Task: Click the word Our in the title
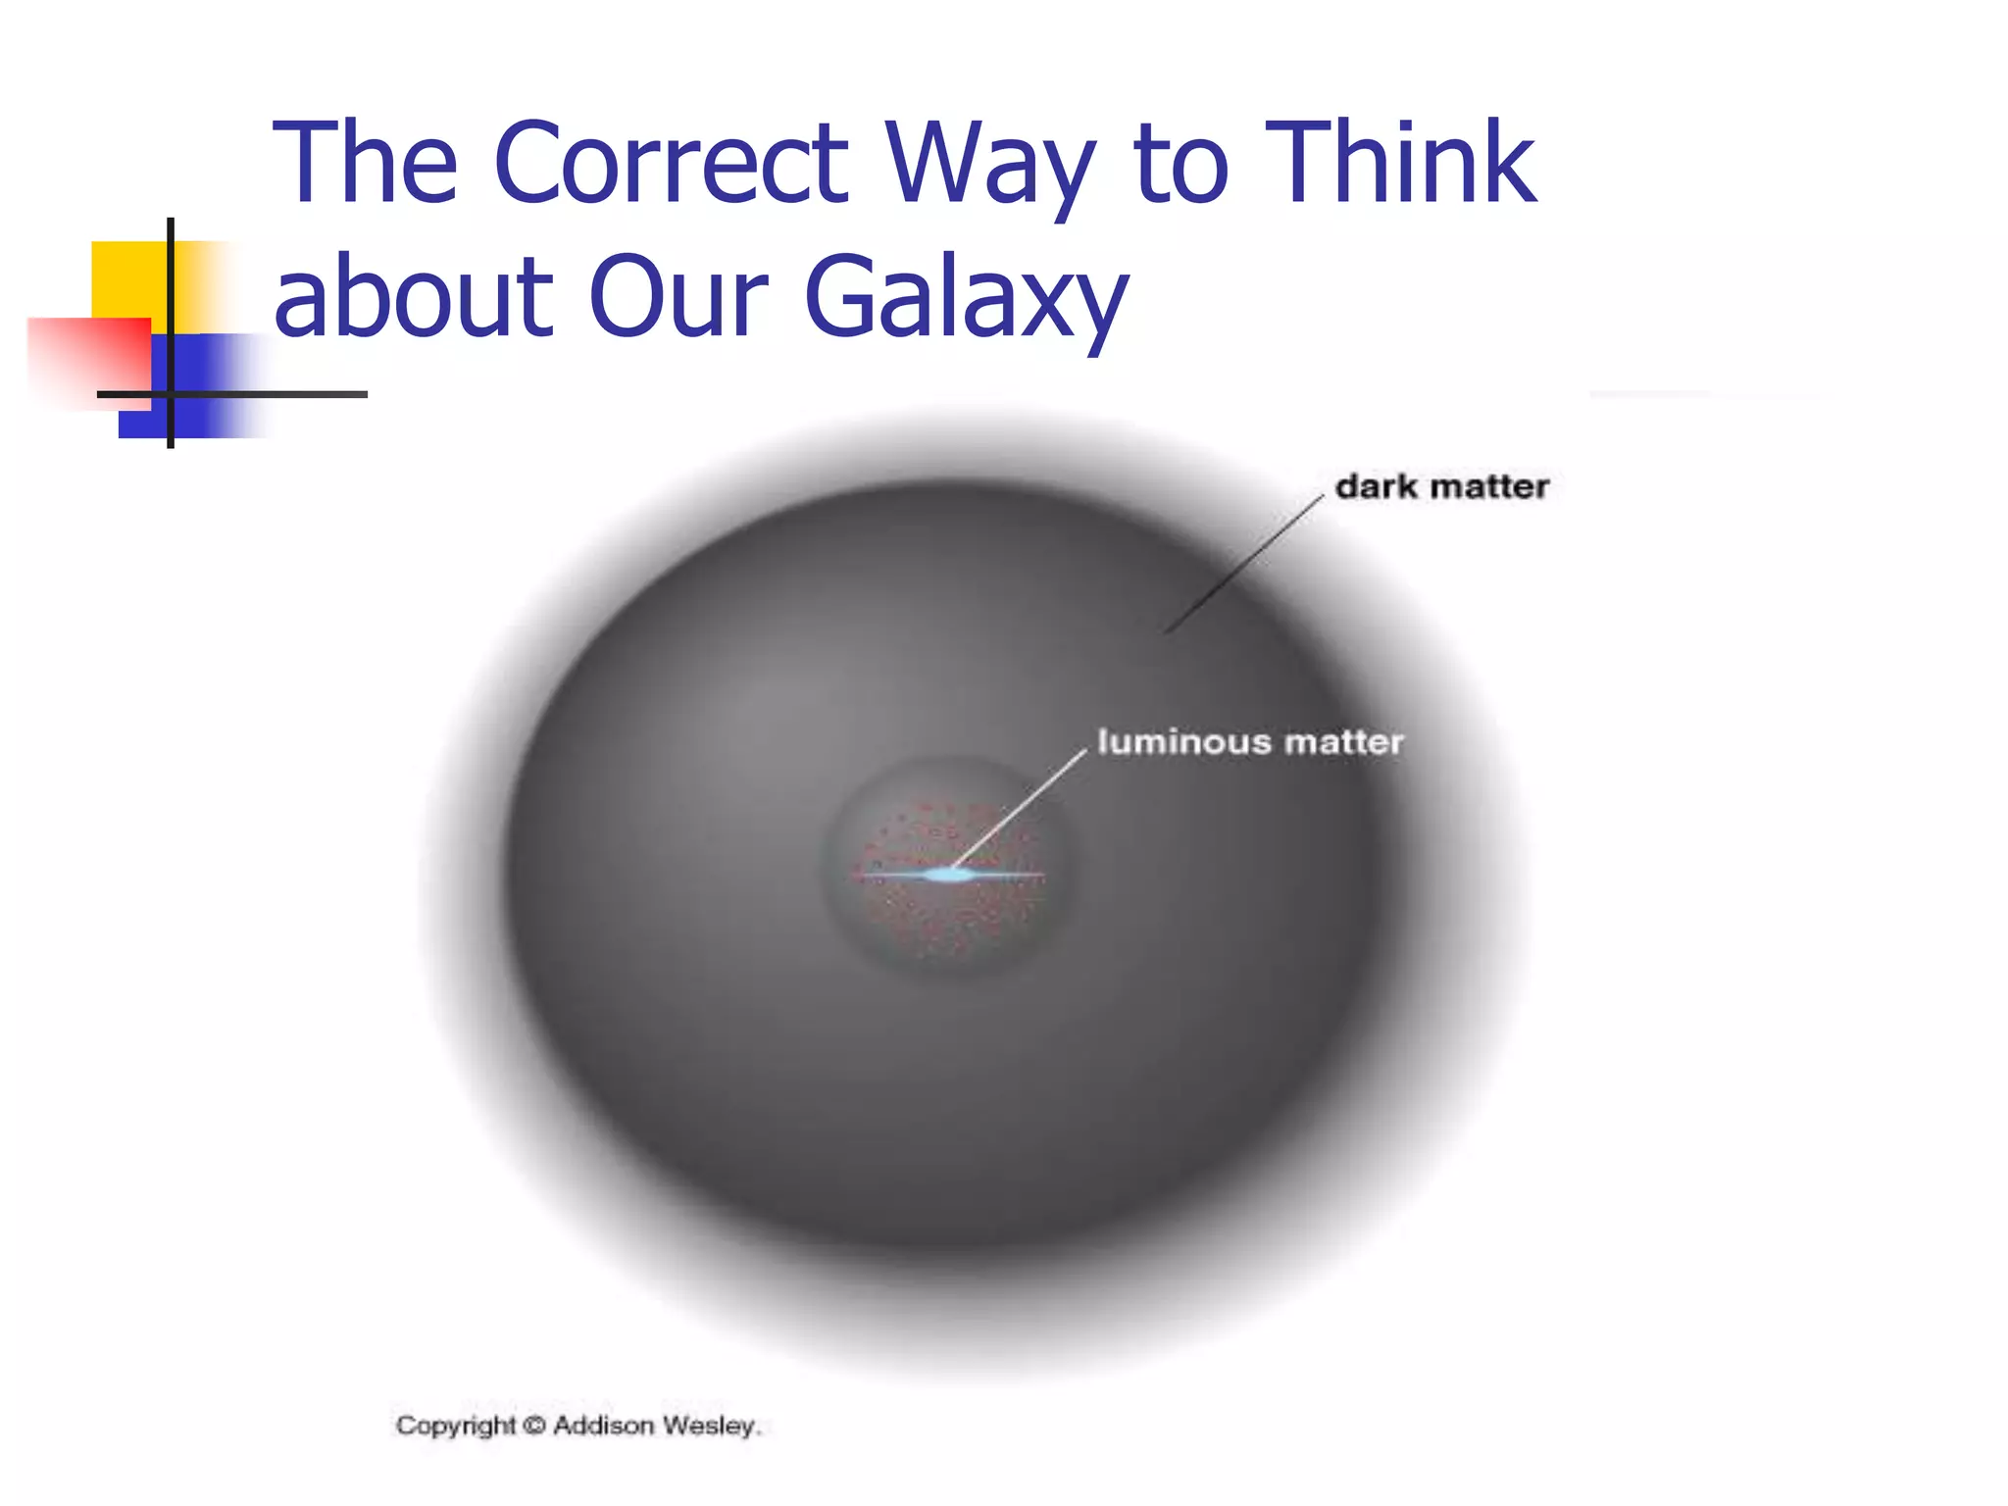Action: coord(678,296)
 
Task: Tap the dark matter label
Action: coord(1441,486)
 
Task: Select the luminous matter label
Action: coord(1250,742)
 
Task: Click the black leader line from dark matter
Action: coord(1245,564)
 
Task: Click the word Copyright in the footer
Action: coord(455,1426)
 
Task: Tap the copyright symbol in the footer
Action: coord(533,1426)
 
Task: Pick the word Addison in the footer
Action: coord(603,1426)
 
